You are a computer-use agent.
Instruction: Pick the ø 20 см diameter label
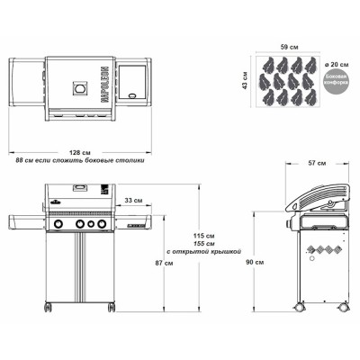339,65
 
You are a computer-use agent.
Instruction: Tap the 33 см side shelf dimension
131,200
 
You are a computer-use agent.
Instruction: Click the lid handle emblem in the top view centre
81,90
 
